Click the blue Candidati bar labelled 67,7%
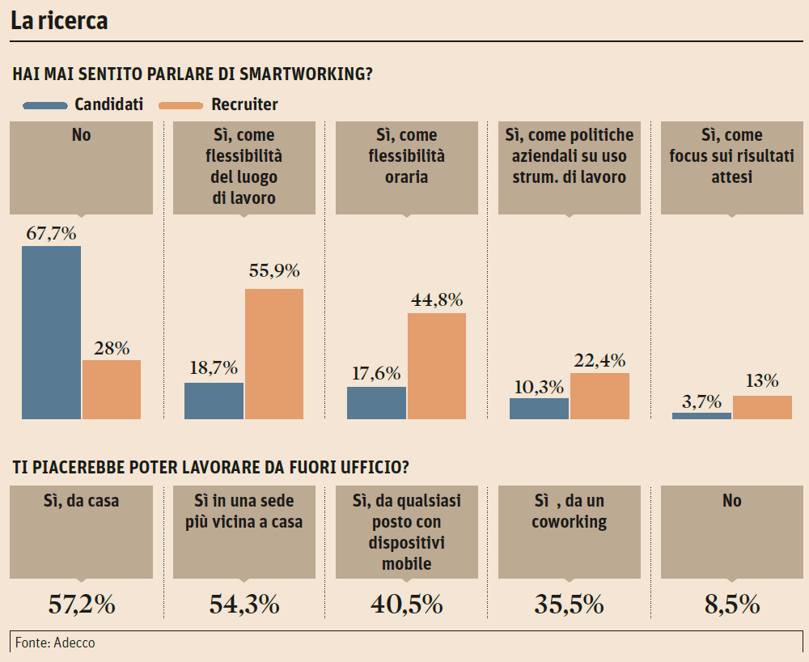click(51, 332)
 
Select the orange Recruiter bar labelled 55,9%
click(273, 354)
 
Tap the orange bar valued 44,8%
click(437, 366)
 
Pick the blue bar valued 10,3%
click(539, 408)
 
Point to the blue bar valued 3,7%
click(701, 415)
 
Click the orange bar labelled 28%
click(112, 389)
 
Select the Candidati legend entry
click(108, 104)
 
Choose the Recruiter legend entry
click(244, 104)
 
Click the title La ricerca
click(59, 21)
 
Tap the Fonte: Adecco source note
click(55, 643)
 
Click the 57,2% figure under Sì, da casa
click(81, 604)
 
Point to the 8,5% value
click(731, 604)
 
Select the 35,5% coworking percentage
click(569, 604)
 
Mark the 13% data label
click(761, 381)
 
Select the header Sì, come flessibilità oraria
click(406, 155)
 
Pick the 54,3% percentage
click(244, 604)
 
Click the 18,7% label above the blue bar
click(214, 368)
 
